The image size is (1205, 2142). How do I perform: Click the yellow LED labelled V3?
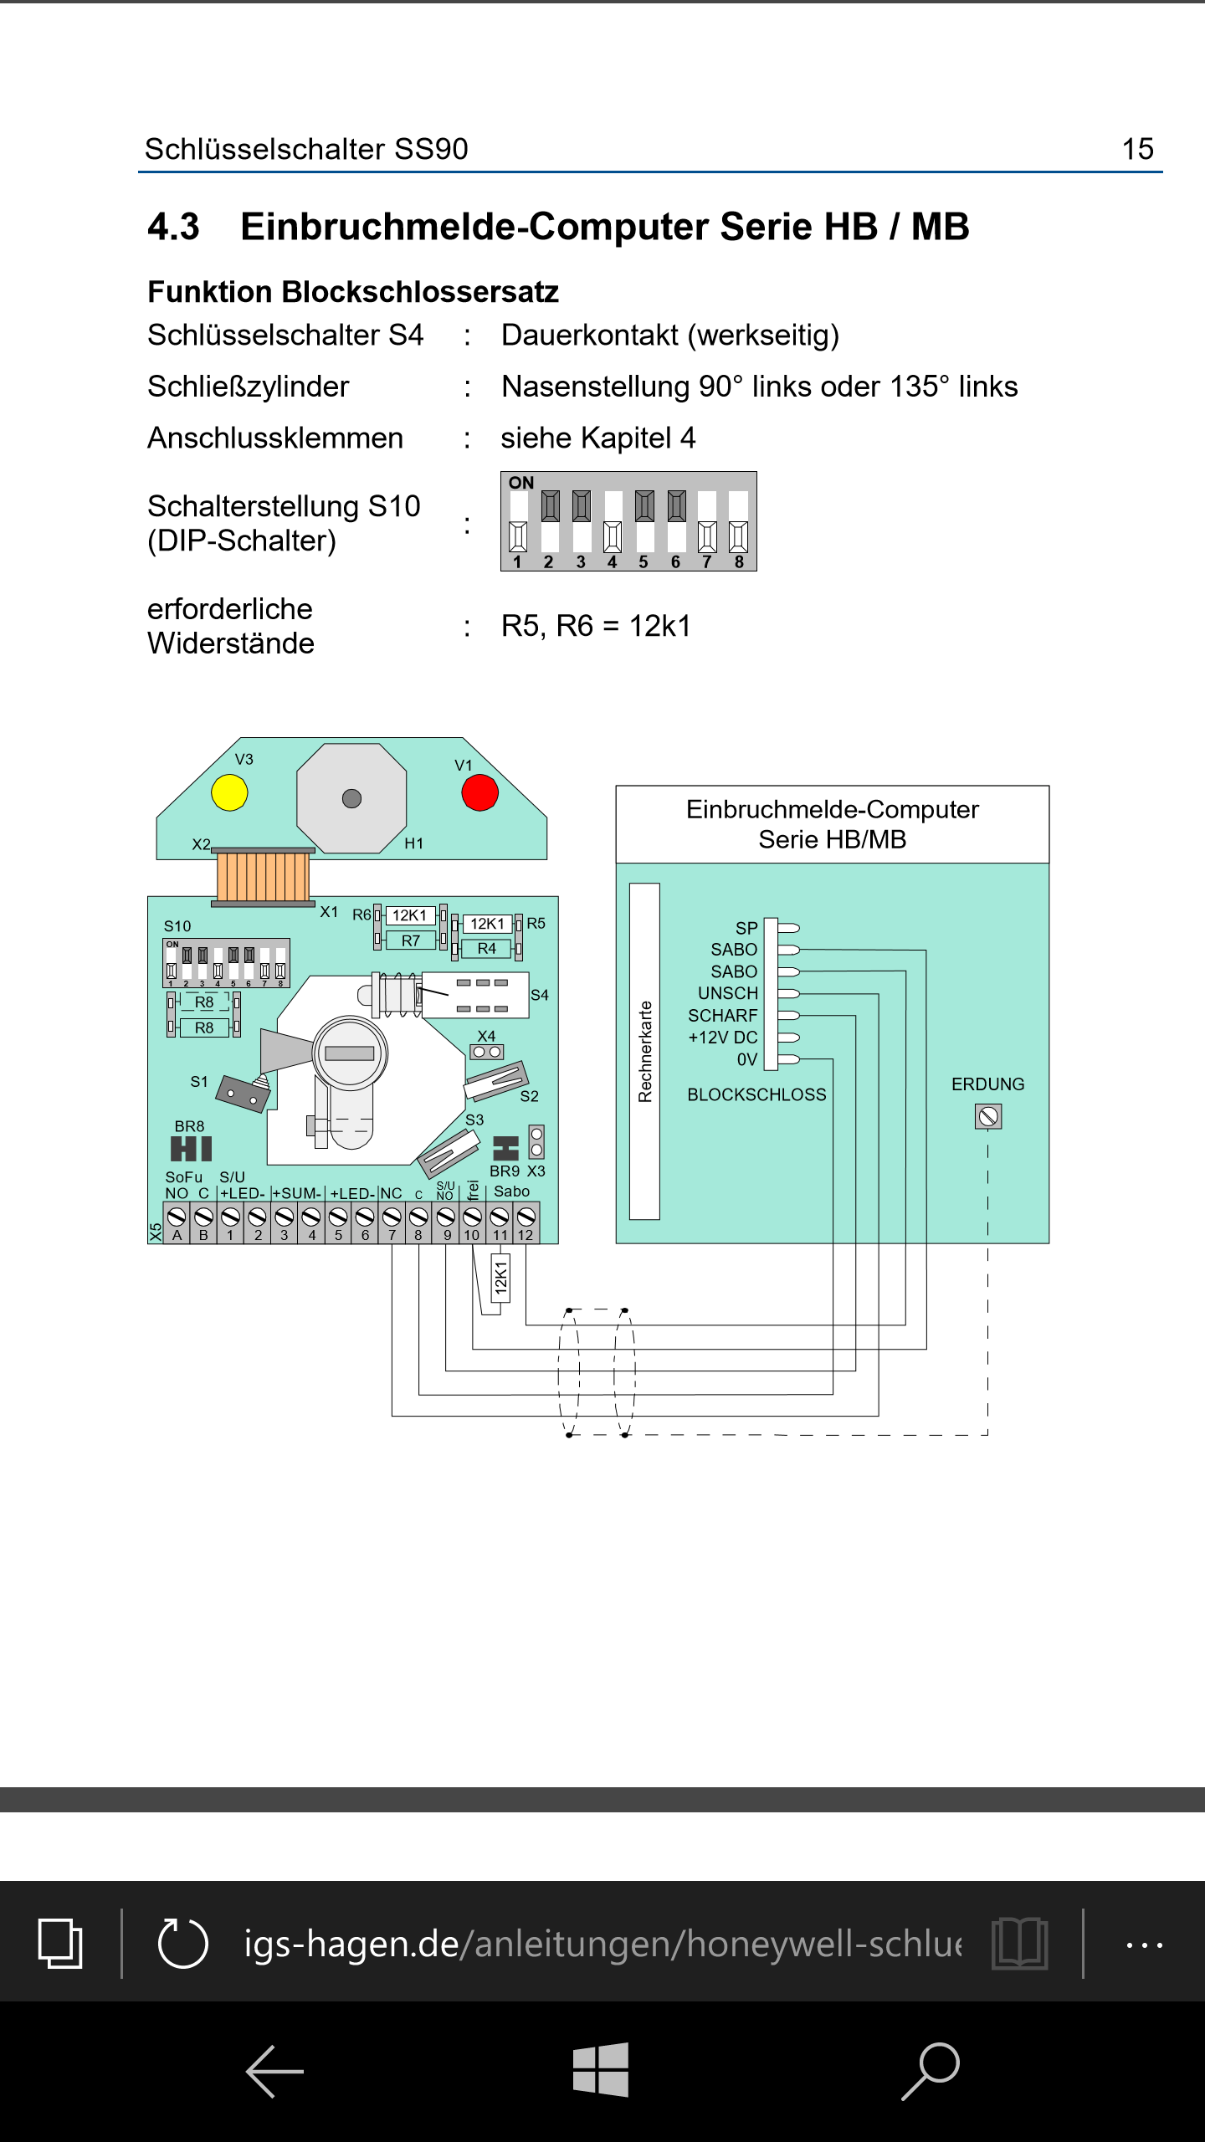(229, 792)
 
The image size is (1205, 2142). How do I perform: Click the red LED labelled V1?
(479, 792)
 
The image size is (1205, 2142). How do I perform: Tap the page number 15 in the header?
(1137, 149)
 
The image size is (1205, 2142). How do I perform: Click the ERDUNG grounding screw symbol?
(988, 1116)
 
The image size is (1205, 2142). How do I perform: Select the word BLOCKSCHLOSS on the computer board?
(756, 1094)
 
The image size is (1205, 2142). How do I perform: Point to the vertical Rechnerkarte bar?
(644, 1051)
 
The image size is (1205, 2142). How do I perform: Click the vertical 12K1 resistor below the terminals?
(500, 1279)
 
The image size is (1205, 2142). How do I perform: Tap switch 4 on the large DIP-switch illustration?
(613, 522)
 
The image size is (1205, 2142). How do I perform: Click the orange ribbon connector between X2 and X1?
(263, 875)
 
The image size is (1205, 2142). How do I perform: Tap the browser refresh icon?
(183, 1943)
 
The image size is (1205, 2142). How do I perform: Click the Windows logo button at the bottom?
(601, 2070)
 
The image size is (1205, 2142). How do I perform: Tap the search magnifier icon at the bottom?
(931, 2070)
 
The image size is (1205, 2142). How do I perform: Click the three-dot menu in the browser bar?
(1144, 1945)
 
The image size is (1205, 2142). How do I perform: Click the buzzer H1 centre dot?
(351, 798)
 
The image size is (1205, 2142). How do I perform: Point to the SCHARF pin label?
(722, 1016)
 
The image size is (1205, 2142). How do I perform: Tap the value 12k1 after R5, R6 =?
(660, 626)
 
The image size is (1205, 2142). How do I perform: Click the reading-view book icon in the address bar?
(1019, 1943)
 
